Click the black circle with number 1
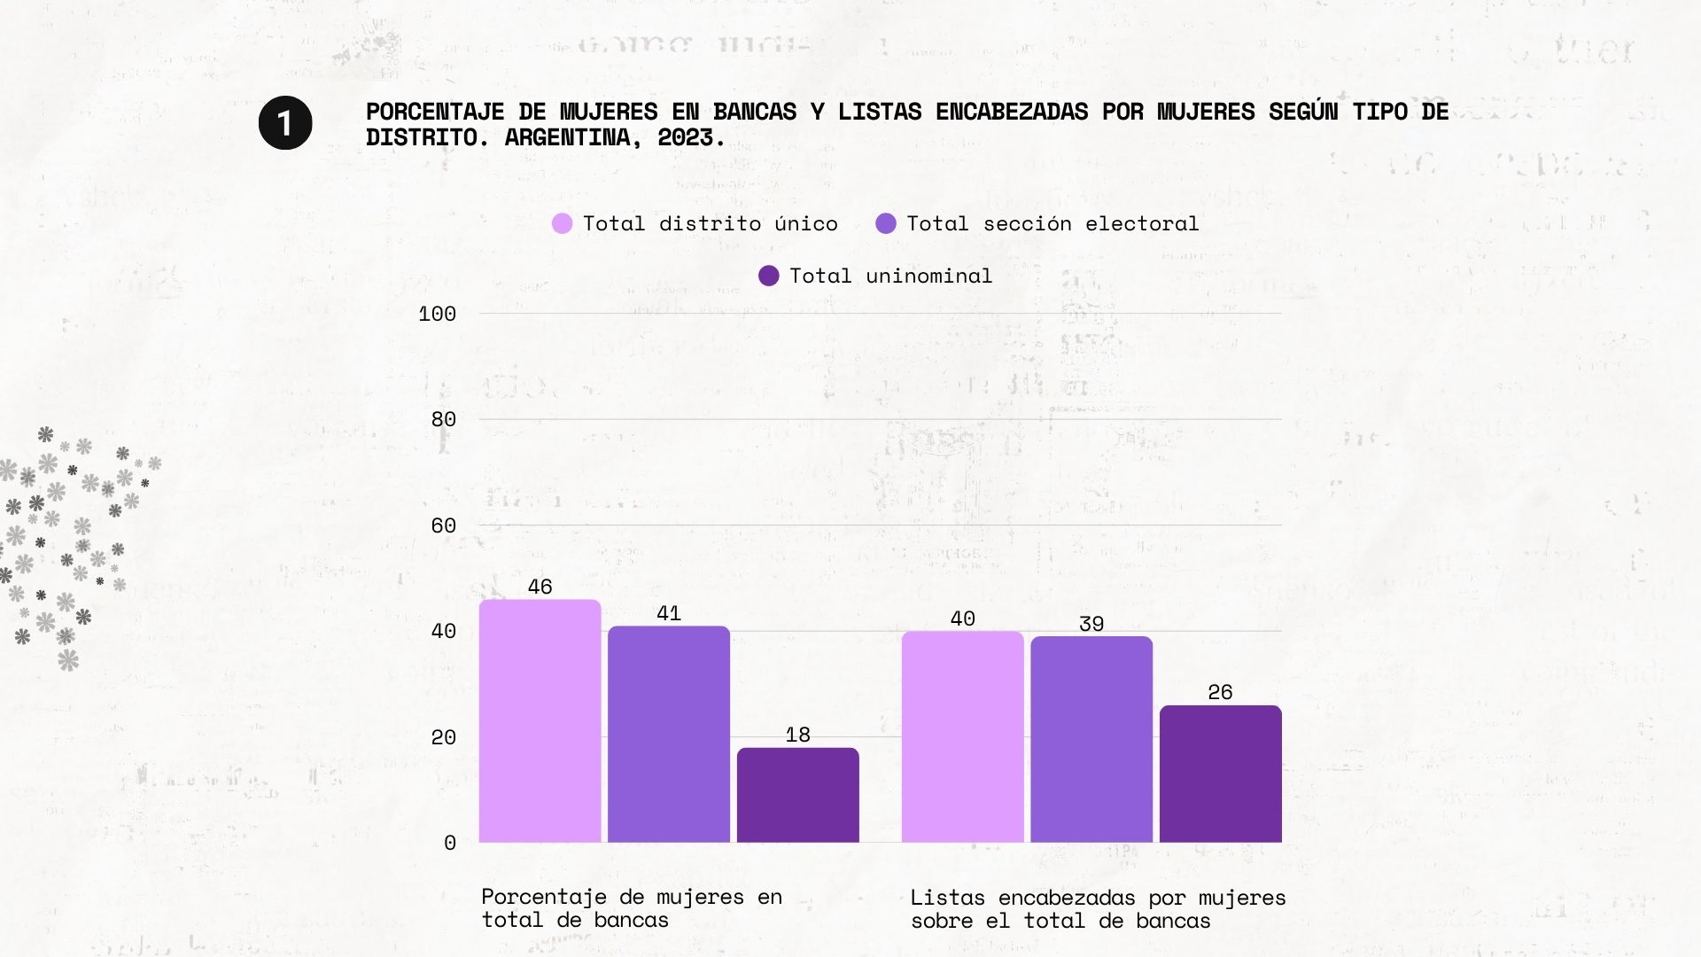click(285, 123)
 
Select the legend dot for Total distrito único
click(562, 223)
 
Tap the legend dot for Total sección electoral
click(885, 223)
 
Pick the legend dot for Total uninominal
click(769, 276)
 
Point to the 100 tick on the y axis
click(437, 314)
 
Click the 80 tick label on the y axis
click(443, 419)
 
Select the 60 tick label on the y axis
click(443, 525)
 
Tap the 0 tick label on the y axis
click(450, 843)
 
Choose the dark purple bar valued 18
click(797, 795)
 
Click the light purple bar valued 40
click(962, 736)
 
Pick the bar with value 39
click(1091, 739)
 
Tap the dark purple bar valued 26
click(1220, 774)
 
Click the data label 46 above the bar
click(540, 587)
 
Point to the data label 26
click(1220, 692)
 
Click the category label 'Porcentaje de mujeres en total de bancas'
click(632, 908)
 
